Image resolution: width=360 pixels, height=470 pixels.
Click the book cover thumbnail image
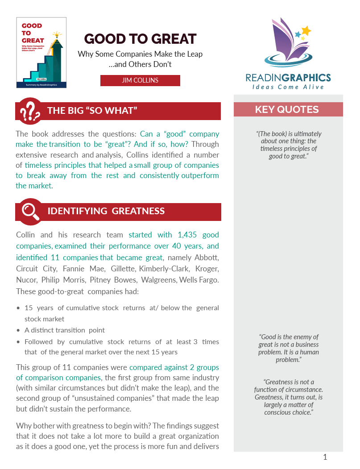pyautogui.click(x=41, y=53)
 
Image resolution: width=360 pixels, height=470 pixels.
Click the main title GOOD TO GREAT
pyautogui.click(x=140, y=39)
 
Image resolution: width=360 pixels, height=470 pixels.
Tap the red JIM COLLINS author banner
pyautogui.click(x=140, y=80)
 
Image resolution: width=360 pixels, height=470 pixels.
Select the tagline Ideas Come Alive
pyautogui.click(x=288, y=87)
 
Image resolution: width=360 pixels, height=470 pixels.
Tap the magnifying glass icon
pyautogui.click(x=30, y=212)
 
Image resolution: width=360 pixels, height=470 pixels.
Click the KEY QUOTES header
pyautogui.click(x=287, y=109)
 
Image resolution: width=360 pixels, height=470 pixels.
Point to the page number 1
pyautogui.click(x=325, y=457)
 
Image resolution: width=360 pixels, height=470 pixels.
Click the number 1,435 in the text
pyautogui.click(x=188, y=235)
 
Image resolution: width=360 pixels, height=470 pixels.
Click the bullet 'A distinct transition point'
pyautogui.click(x=65, y=330)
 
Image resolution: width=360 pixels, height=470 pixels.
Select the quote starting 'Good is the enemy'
pyautogui.click(x=289, y=348)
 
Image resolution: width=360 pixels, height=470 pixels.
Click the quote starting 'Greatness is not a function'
pyautogui.click(x=289, y=397)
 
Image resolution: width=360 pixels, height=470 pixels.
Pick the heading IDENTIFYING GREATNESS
pyautogui.click(x=106, y=211)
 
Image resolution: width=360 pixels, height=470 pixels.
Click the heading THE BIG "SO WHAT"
pyautogui.click(x=92, y=111)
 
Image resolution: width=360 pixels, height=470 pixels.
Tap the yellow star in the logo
pyautogui.click(x=306, y=30)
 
